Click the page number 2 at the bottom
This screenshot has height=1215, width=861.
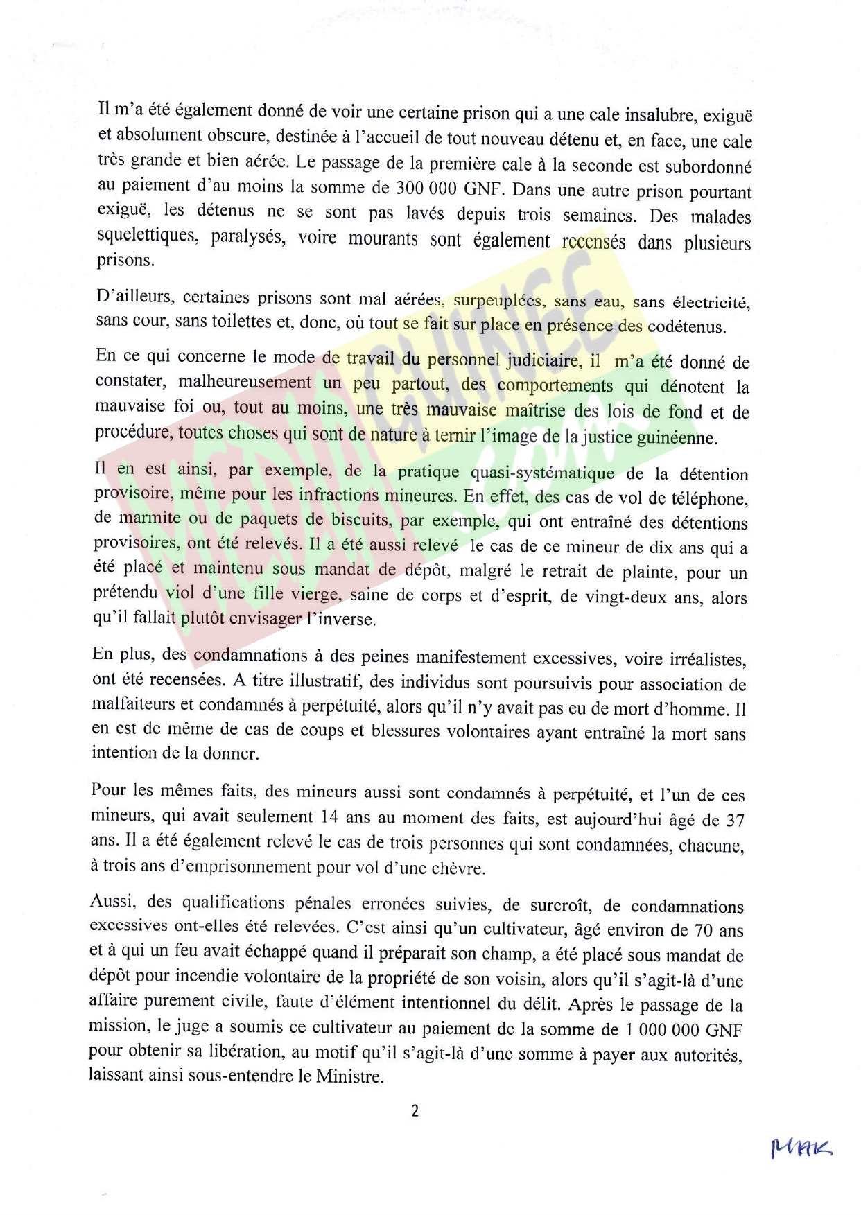pos(415,1111)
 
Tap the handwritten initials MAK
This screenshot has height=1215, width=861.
pos(801,1148)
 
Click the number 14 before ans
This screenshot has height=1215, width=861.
pos(329,816)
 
